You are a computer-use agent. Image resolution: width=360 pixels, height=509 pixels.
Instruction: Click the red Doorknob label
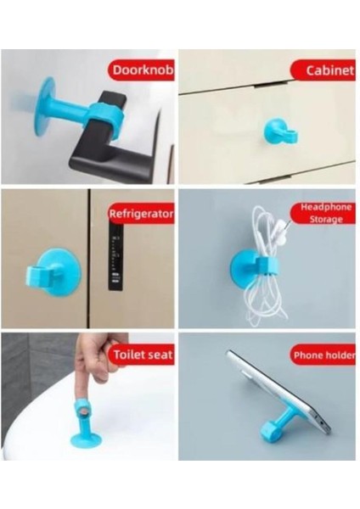tap(141, 70)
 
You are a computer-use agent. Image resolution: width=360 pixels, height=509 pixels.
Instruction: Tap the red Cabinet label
tap(323, 70)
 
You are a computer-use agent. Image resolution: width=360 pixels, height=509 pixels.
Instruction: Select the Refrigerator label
tap(141, 214)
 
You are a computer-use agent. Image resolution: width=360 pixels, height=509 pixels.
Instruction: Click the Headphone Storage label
tap(323, 213)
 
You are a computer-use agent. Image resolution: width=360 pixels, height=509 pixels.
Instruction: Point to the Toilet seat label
tap(142, 354)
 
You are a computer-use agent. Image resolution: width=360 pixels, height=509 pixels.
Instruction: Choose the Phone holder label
tap(323, 355)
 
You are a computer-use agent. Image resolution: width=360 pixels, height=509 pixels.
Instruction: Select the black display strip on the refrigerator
tap(116, 257)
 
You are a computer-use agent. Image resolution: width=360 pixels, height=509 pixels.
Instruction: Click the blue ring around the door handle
tap(104, 115)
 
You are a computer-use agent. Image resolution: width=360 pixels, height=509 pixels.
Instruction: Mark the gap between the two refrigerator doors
tap(88, 259)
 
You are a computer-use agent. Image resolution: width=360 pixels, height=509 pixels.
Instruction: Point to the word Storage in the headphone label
tap(326, 219)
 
